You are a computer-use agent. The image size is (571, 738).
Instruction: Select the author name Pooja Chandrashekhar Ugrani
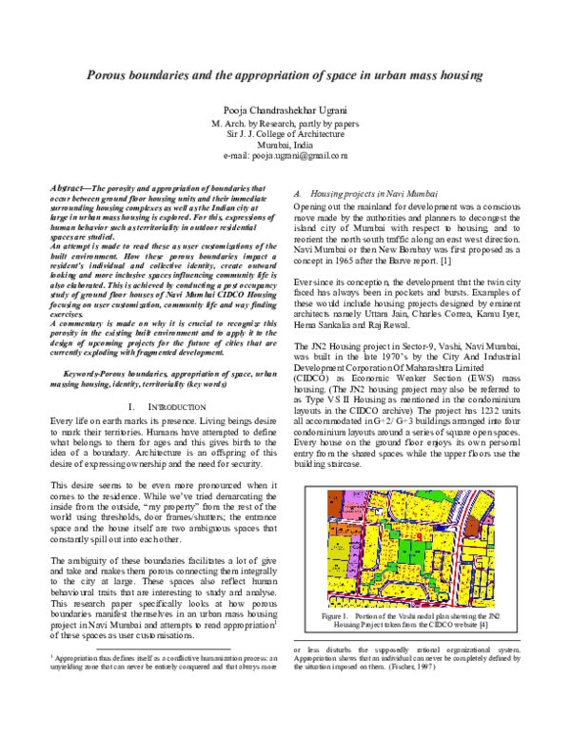click(285, 111)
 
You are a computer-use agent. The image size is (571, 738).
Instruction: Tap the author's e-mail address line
click(285, 154)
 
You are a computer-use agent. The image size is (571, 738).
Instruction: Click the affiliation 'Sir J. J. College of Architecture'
click(285, 134)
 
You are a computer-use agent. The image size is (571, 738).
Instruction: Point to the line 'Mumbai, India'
click(285, 144)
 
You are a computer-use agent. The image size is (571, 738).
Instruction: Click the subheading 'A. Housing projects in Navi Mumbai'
click(358, 192)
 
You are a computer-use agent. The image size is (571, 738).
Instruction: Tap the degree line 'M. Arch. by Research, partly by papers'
click(285, 124)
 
